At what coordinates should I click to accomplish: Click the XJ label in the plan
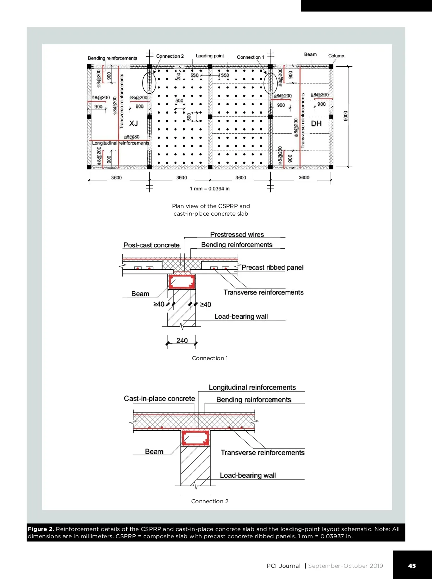click(x=134, y=123)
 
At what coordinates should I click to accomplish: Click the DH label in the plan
click(x=316, y=123)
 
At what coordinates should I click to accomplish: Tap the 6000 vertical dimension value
click(x=346, y=116)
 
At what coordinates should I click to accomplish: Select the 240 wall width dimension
click(x=182, y=340)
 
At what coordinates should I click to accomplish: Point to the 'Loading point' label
click(x=210, y=56)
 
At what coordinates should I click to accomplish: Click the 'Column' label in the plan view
click(x=336, y=56)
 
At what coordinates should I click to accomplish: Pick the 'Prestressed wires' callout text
click(x=237, y=234)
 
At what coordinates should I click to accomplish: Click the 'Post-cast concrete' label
click(x=151, y=245)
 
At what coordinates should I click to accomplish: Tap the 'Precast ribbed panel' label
click(x=272, y=268)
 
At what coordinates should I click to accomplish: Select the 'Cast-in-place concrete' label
click(x=159, y=398)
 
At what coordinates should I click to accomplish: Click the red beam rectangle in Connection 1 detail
click(x=182, y=282)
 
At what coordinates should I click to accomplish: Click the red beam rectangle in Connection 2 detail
click(x=195, y=438)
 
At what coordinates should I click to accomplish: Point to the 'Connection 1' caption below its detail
click(x=210, y=358)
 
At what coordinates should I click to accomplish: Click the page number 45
click(x=412, y=566)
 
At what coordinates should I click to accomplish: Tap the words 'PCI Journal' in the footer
click(x=283, y=566)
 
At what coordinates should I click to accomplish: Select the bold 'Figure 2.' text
click(x=41, y=529)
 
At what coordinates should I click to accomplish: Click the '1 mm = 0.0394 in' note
click(x=210, y=189)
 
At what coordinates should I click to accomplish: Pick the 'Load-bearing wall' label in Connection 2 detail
click(x=248, y=475)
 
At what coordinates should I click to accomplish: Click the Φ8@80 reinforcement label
click(x=132, y=137)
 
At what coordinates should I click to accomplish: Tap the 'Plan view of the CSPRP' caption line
click(x=211, y=206)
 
